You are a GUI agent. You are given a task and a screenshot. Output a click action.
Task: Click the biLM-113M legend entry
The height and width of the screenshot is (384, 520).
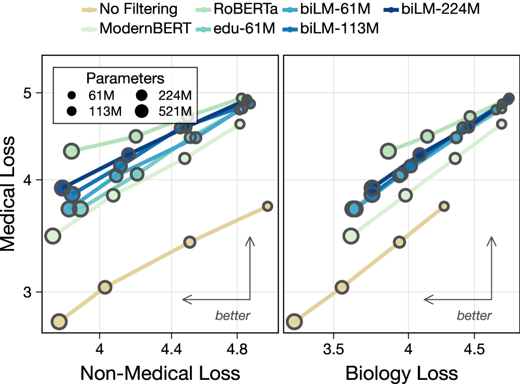click(340, 29)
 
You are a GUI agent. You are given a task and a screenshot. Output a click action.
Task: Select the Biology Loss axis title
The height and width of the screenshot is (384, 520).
click(401, 373)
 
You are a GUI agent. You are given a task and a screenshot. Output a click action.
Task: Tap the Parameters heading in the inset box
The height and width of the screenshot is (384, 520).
click(125, 79)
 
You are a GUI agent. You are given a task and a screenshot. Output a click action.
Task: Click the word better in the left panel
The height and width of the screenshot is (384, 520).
click(233, 315)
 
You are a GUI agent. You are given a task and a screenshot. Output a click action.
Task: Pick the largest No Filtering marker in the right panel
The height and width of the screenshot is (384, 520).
click(294, 321)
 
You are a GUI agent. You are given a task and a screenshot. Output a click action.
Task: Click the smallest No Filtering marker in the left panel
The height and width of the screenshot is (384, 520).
click(268, 206)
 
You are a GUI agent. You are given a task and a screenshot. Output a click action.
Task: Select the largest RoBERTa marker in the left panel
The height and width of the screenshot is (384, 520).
click(71, 151)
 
